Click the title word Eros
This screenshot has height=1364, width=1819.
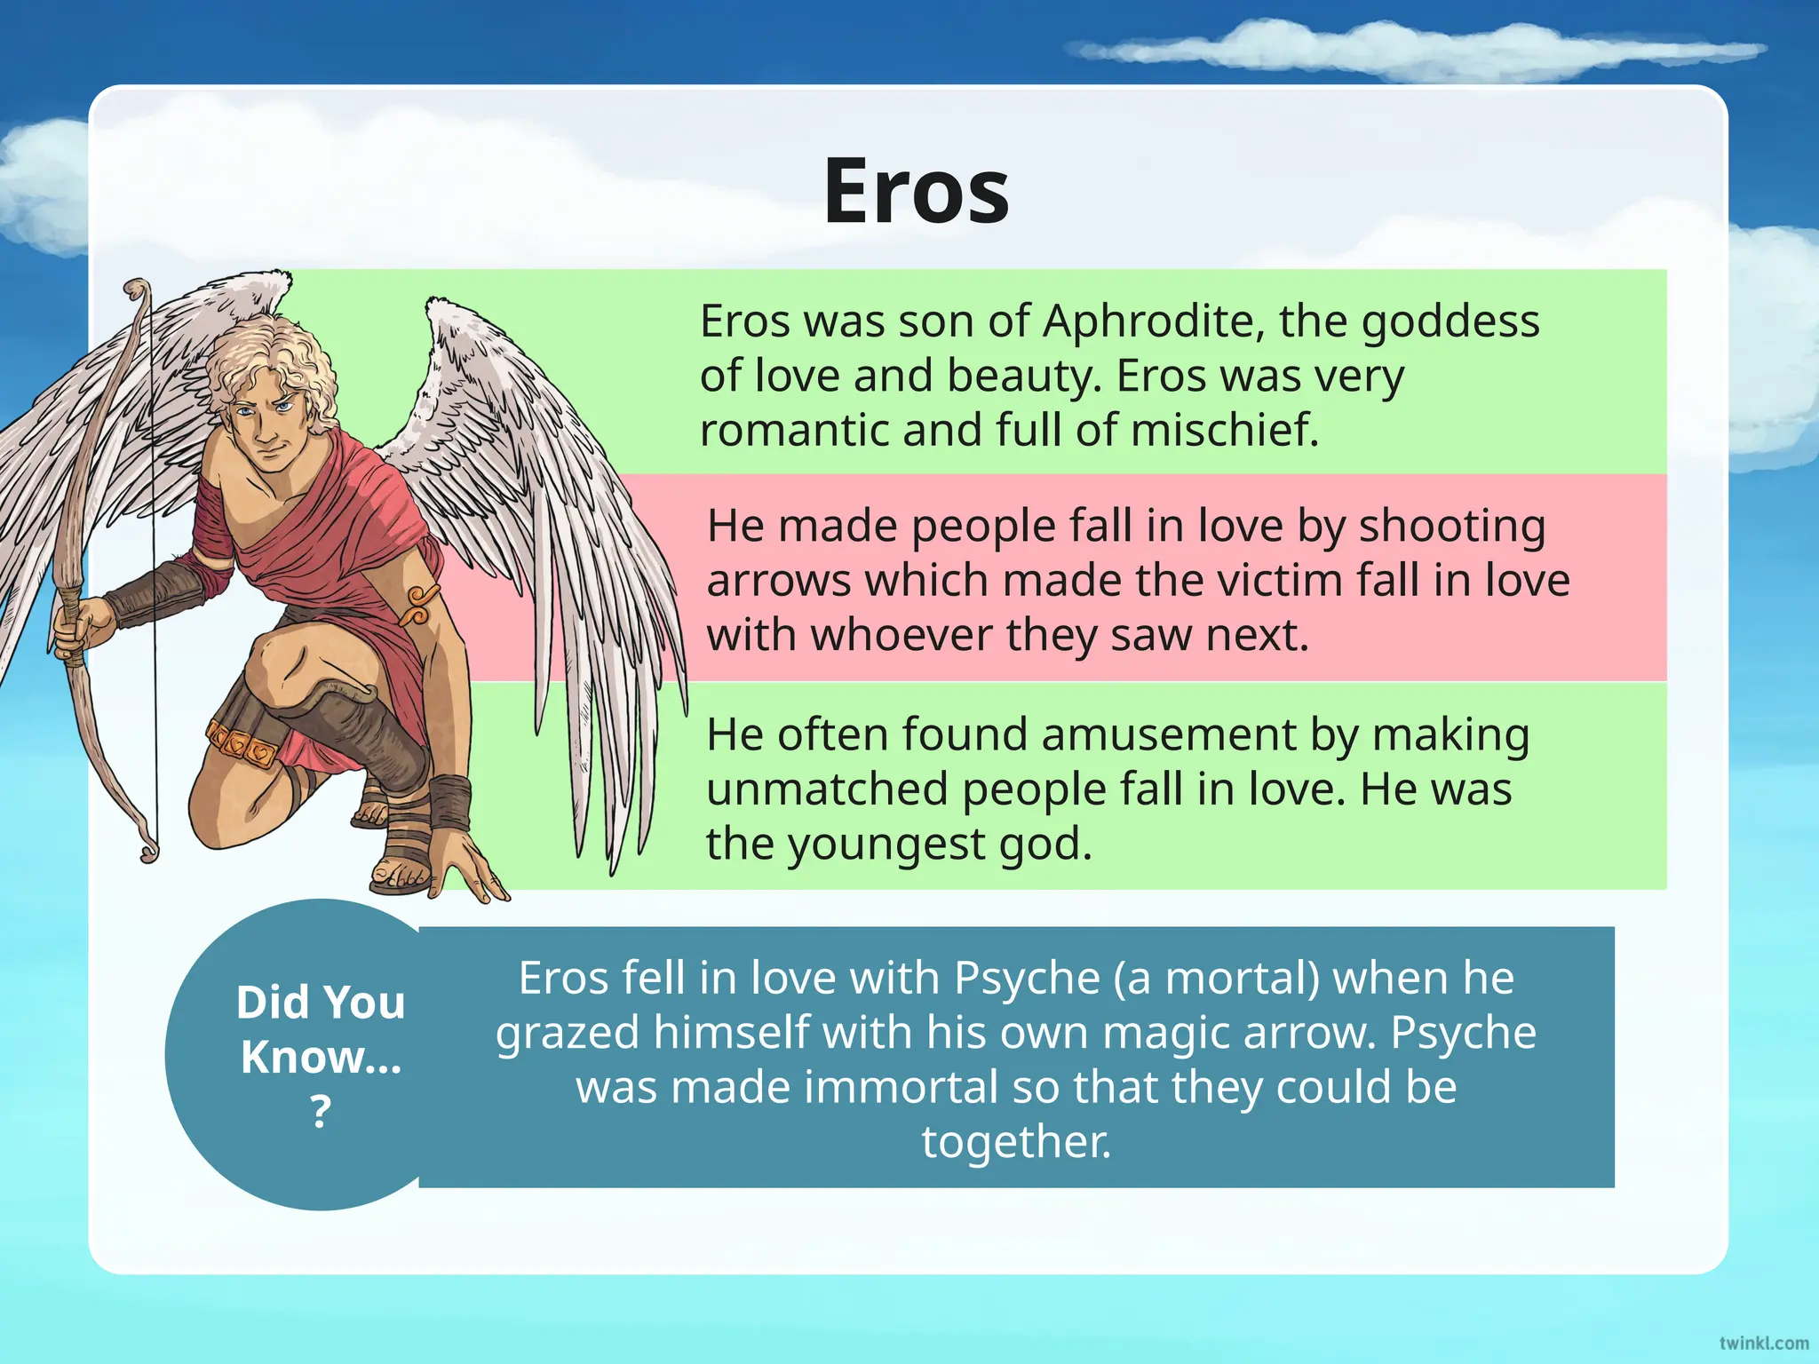pyautogui.click(x=916, y=192)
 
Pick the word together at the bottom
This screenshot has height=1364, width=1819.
pyautogui.click(x=1016, y=1142)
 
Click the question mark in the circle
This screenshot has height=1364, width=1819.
pyautogui.click(x=321, y=1112)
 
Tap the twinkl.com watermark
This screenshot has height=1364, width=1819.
pyautogui.click(x=1763, y=1343)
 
